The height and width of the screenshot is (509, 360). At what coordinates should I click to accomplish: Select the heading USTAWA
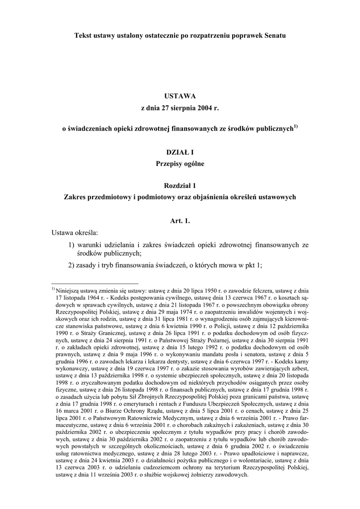click(x=180, y=96)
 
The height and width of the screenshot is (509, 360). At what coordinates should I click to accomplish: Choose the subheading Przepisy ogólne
click(x=180, y=163)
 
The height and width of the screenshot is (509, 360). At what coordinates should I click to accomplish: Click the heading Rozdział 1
click(x=180, y=186)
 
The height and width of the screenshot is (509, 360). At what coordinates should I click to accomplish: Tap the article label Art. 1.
click(x=180, y=220)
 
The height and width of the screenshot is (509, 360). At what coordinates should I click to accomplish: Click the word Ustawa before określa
click(x=63, y=232)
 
